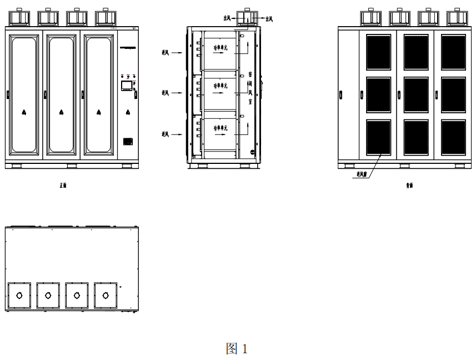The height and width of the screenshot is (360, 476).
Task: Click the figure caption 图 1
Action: tap(236, 348)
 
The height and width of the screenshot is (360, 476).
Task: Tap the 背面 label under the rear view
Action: tap(409, 185)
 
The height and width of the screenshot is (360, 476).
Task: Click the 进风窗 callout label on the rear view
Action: tap(362, 174)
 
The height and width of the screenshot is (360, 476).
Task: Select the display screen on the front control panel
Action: tap(127, 86)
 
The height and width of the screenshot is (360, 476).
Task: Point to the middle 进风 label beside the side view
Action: tap(165, 92)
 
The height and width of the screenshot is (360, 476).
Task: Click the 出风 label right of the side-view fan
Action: tap(269, 18)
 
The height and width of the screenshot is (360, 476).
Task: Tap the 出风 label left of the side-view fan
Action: tap(226, 18)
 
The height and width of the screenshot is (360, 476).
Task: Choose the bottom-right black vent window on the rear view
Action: tap(453, 137)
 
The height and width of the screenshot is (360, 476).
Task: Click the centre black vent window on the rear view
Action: tap(415, 94)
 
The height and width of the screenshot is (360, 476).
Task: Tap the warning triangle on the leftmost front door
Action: tap(24, 112)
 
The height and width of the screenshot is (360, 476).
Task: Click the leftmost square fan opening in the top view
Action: tap(19, 296)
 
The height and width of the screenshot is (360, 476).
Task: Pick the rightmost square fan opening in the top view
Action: tap(106, 296)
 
